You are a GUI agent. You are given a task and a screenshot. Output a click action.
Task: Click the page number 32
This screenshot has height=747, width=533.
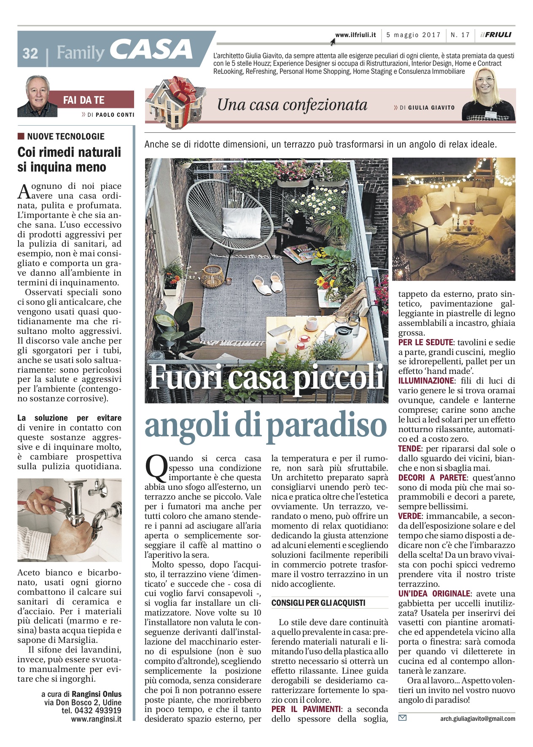pyautogui.click(x=30, y=54)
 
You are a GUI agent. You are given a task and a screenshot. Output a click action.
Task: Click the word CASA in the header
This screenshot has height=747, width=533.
pyautogui.click(x=151, y=50)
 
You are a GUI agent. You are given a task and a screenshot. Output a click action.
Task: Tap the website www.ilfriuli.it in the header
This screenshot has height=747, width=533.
pyautogui.click(x=355, y=35)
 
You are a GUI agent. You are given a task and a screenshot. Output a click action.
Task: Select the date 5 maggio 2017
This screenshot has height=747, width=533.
pyautogui.click(x=413, y=35)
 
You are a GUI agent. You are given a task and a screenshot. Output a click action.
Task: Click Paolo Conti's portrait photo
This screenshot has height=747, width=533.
pyautogui.click(x=37, y=97)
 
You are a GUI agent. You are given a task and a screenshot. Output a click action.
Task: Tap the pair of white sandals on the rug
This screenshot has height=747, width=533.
pyautogui.click(x=269, y=284)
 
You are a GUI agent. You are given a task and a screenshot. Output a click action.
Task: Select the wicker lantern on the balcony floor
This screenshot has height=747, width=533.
pyautogui.click(x=213, y=276)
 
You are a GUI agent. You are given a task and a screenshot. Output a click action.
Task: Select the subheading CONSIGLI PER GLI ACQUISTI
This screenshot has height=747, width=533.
pyautogui.click(x=318, y=603)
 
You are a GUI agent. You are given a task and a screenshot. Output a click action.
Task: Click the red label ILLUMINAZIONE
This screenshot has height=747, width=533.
pyautogui.click(x=425, y=381)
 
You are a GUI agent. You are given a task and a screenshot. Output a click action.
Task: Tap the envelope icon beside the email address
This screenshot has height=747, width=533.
pyautogui.click(x=402, y=718)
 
